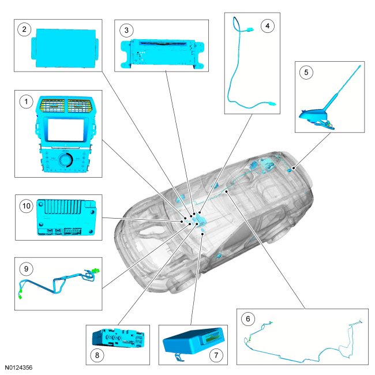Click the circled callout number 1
pyautogui.click(x=25, y=102)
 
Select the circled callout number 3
pyautogui.click(x=125, y=29)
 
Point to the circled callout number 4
pyautogui.click(x=266, y=26)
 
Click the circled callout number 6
pyautogui.click(x=248, y=318)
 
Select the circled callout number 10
pyautogui.click(x=25, y=205)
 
